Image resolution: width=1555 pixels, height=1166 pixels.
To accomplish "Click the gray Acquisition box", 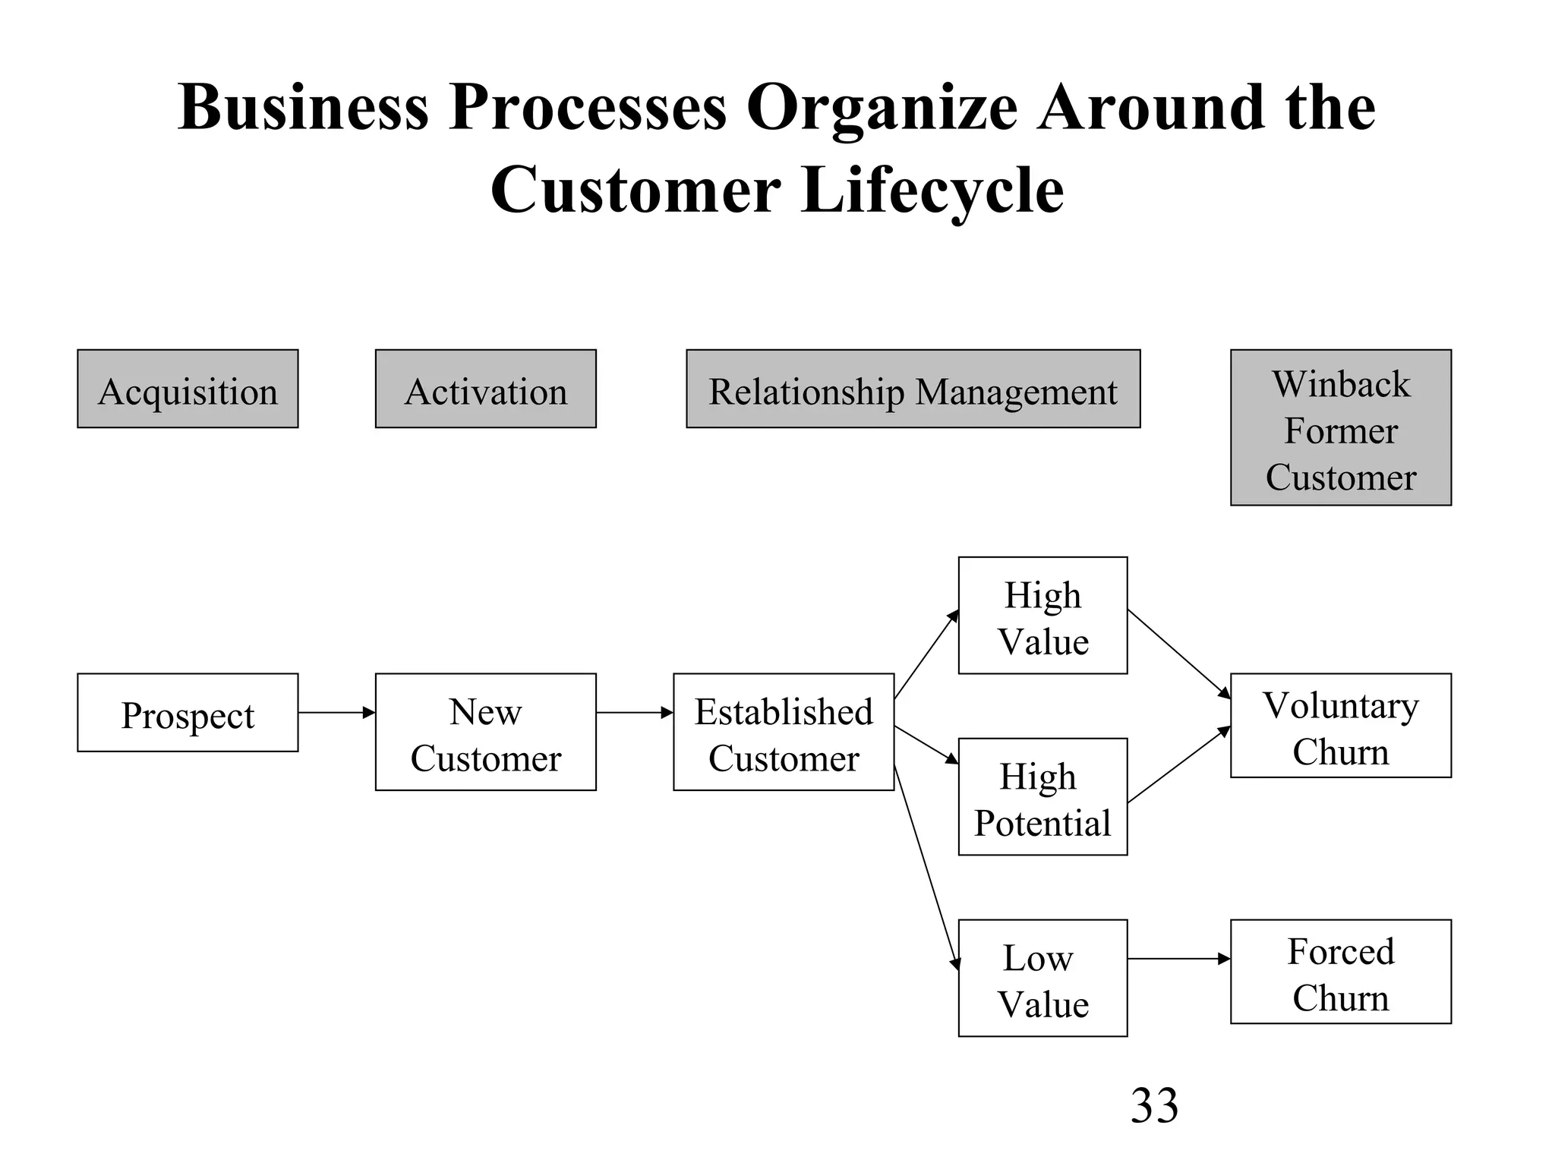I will pyautogui.click(x=188, y=389).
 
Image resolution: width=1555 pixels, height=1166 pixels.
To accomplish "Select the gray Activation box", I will pyautogui.click(x=485, y=389).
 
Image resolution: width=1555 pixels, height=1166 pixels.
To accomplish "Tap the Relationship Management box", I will pyautogui.click(x=913, y=389).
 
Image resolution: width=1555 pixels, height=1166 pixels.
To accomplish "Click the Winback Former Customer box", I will pyautogui.click(x=1340, y=427).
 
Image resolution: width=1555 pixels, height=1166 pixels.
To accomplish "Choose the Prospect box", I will pyautogui.click(x=188, y=713).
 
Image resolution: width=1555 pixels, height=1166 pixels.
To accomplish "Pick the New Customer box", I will pyautogui.click(x=485, y=732).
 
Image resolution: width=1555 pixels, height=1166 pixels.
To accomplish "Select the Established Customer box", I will pyautogui.click(x=783, y=732).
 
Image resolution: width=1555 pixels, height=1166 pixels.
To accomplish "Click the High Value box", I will pyautogui.click(x=1042, y=616).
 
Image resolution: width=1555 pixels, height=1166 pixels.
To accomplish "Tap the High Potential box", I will pyautogui.click(x=1042, y=797).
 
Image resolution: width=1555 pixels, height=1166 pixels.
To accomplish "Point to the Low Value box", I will pyautogui.click(x=1042, y=978).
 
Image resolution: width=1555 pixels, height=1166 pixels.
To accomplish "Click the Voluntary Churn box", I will pyautogui.click(x=1340, y=726).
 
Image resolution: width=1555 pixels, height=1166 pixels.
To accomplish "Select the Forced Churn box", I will pyautogui.click(x=1340, y=972).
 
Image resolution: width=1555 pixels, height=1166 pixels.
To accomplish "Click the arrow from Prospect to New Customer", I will pyautogui.click(x=336, y=713).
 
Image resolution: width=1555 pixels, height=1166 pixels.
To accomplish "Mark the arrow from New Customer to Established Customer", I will pyautogui.click(x=634, y=713).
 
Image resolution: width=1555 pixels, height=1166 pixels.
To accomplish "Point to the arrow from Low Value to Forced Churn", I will pyautogui.click(x=1178, y=959).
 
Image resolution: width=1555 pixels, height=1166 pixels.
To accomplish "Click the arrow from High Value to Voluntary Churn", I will pyautogui.click(x=1178, y=654).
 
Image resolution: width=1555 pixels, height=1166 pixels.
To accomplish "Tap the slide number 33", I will pyautogui.click(x=1154, y=1105).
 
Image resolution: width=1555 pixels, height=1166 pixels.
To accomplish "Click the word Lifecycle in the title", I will pyautogui.click(x=932, y=190).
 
